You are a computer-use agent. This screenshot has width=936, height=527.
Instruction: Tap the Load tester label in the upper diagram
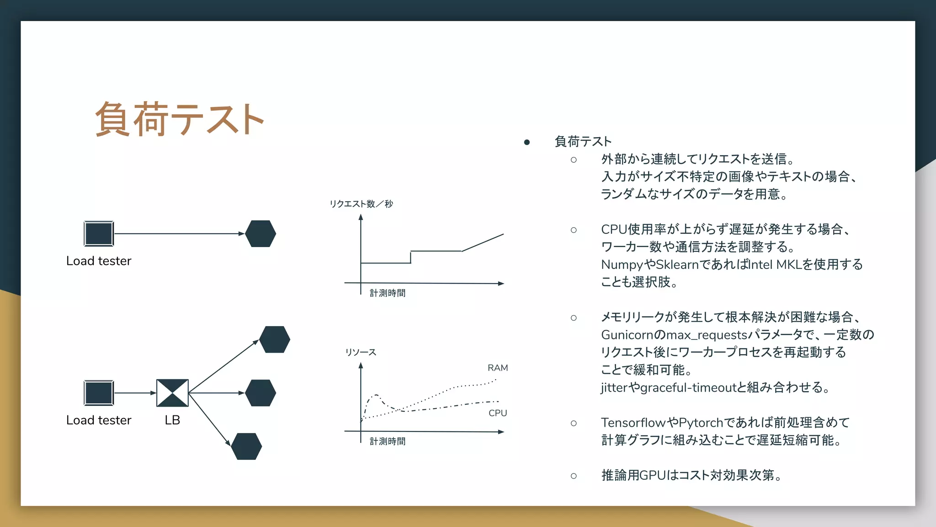click(99, 261)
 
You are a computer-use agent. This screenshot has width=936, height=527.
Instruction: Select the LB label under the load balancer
click(172, 420)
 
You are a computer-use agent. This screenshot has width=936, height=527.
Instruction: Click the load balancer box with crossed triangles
click(172, 393)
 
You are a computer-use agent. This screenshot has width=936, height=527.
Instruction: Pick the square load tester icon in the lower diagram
click(99, 393)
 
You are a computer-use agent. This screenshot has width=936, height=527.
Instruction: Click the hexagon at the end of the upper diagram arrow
click(261, 234)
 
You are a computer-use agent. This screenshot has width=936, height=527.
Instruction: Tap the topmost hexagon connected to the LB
click(275, 339)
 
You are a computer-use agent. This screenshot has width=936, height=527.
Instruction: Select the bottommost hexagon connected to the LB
click(246, 446)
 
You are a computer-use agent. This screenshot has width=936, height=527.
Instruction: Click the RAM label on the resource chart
click(498, 368)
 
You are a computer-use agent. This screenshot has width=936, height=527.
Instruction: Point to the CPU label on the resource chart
click(498, 413)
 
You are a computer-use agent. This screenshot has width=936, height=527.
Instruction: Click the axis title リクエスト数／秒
click(361, 204)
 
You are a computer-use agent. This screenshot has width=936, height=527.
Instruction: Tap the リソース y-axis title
click(361, 352)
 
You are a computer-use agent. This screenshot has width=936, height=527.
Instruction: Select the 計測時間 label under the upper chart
click(388, 293)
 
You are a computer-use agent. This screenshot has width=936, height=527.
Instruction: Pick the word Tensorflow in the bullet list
click(633, 423)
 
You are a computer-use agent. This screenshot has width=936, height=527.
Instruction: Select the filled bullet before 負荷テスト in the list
click(527, 142)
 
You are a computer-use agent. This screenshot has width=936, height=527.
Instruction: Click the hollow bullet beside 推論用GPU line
click(574, 476)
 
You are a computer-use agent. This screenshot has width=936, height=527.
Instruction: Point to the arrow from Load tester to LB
click(135, 393)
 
